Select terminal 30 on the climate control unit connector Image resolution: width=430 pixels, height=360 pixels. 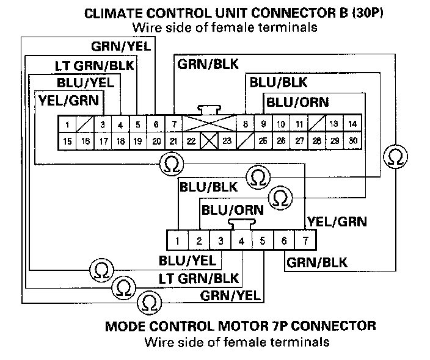pyautogui.click(x=352, y=141)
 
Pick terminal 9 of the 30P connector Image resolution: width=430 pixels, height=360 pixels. pyautogui.click(x=263, y=124)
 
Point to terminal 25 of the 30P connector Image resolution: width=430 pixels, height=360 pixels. pyautogui.click(x=263, y=141)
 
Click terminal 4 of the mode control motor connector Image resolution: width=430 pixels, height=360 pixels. pyautogui.click(x=242, y=240)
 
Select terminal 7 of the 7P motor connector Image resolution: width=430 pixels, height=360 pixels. pyautogui.click(x=305, y=240)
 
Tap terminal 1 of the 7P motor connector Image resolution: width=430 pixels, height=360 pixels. pyautogui.click(x=177, y=240)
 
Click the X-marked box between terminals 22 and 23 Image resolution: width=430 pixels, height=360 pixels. pyautogui.click(x=210, y=141)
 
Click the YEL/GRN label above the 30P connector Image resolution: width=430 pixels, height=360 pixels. pyautogui.click(x=71, y=99)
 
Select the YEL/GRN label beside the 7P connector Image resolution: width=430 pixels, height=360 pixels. pyautogui.click(x=337, y=221)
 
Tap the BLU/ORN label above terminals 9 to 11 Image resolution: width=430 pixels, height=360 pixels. pyautogui.click(x=297, y=102)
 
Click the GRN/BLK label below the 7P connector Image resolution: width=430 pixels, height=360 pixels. pyautogui.click(x=317, y=264)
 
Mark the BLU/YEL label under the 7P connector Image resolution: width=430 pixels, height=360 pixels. pyautogui.click(x=188, y=261)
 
